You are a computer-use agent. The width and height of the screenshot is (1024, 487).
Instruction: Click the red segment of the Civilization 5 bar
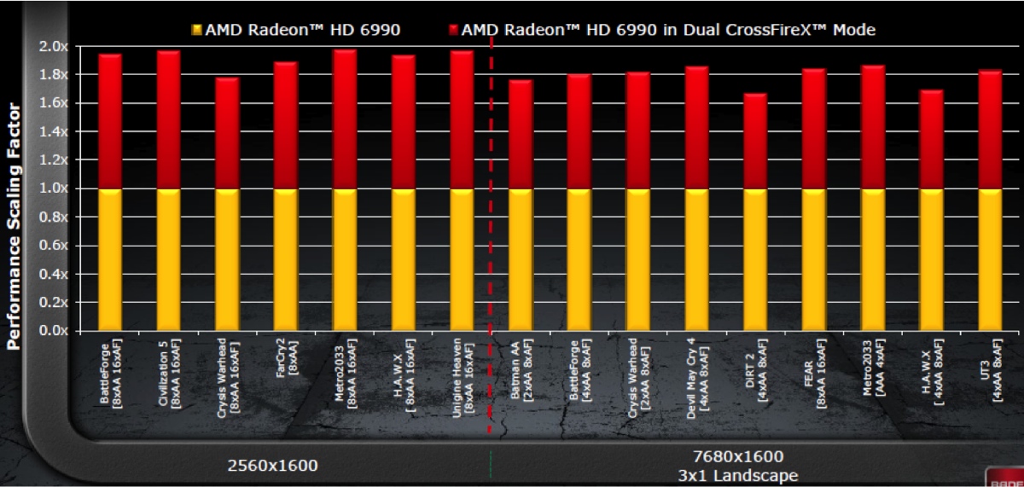coord(168,119)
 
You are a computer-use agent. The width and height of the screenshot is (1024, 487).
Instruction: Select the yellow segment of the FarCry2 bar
coord(285,259)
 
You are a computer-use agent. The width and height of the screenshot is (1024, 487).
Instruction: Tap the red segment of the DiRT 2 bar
coord(755,141)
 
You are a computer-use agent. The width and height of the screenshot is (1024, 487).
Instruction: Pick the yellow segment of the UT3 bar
coord(990,259)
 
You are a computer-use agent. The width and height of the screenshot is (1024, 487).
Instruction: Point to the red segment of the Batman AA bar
coord(521,134)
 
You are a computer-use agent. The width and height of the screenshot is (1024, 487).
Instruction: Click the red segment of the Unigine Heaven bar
coord(462,119)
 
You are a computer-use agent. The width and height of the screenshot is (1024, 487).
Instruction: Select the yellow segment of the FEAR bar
coord(814,259)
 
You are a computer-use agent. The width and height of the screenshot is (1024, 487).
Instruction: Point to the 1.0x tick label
coord(54,188)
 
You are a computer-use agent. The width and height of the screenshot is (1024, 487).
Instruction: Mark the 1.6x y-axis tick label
coord(54,103)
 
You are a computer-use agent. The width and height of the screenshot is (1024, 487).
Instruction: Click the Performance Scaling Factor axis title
coord(14,227)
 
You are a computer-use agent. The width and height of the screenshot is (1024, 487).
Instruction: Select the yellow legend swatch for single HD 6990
coord(197,31)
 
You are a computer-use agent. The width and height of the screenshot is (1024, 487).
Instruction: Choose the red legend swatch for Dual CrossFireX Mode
coord(452,31)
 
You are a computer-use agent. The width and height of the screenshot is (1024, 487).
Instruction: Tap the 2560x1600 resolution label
coord(272,466)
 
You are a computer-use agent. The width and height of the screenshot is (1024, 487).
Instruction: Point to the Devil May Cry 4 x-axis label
coord(696,372)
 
